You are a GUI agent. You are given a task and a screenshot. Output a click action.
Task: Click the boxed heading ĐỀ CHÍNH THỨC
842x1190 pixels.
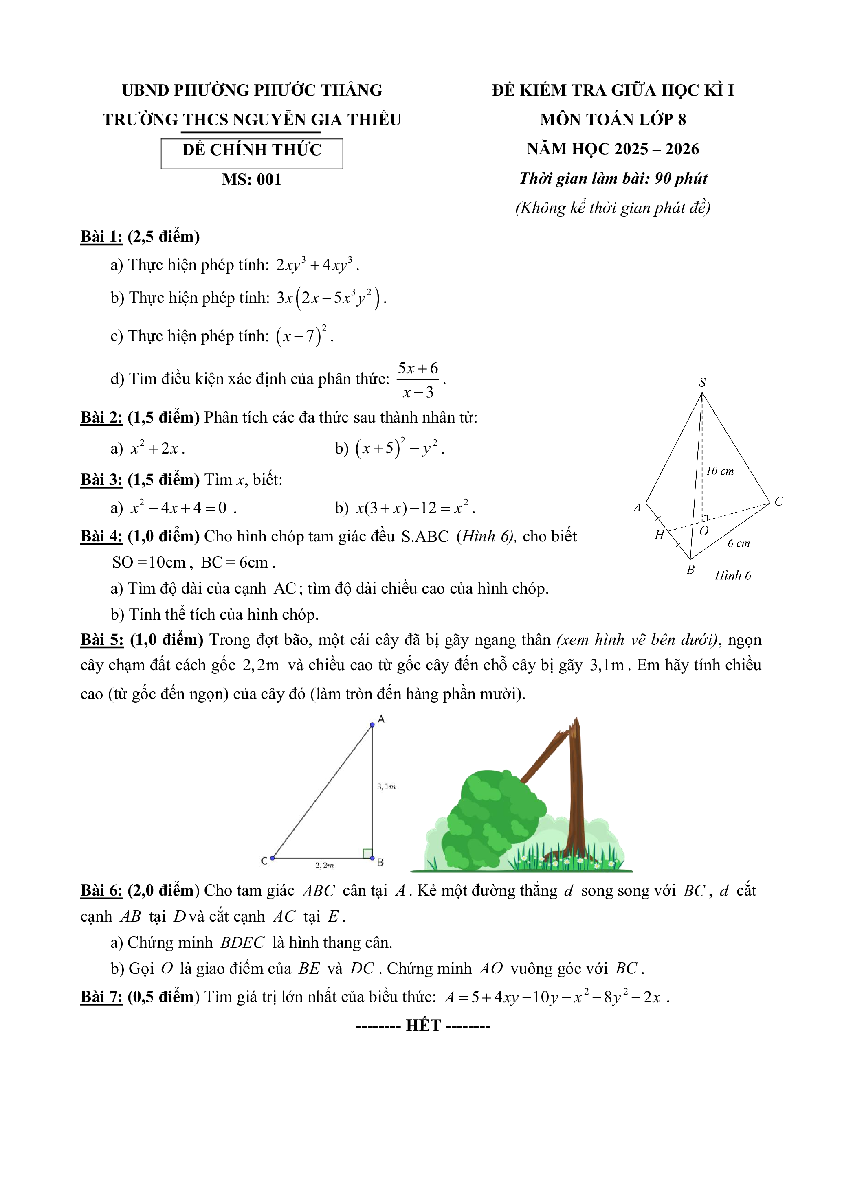pyautogui.click(x=252, y=150)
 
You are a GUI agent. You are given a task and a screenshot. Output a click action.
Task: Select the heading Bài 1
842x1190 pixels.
pyautogui.click(x=101, y=237)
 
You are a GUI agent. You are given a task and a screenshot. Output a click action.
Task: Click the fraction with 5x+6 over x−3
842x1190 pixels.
pyautogui.click(x=418, y=380)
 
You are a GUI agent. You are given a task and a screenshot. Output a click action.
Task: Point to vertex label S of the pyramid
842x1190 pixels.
pyautogui.click(x=702, y=383)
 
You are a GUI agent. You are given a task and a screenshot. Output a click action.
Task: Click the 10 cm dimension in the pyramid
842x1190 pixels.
pyautogui.click(x=720, y=471)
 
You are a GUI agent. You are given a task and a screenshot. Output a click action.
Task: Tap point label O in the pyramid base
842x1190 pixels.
pyautogui.click(x=703, y=531)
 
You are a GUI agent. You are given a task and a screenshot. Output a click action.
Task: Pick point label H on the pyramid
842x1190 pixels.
pyautogui.click(x=659, y=535)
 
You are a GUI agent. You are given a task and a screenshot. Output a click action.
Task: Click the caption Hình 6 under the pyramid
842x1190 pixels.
pyautogui.click(x=732, y=575)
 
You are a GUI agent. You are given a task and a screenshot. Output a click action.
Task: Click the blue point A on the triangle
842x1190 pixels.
pyautogui.click(x=372, y=725)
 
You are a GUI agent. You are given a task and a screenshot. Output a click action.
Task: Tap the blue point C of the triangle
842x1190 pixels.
pyautogui.click(x=272, y=858)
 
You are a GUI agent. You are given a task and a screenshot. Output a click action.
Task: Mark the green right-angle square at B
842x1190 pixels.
pyautogui.click(x=367, y=853)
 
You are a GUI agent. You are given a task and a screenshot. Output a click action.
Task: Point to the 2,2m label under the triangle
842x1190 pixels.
pyautogui.click(x=325, y=866)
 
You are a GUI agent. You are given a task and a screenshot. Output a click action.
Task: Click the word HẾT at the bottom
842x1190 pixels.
pyautogui.click(x=423, y=1025)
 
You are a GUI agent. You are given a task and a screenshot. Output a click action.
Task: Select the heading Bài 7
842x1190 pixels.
pyautogui.click(x=101, y=997)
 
